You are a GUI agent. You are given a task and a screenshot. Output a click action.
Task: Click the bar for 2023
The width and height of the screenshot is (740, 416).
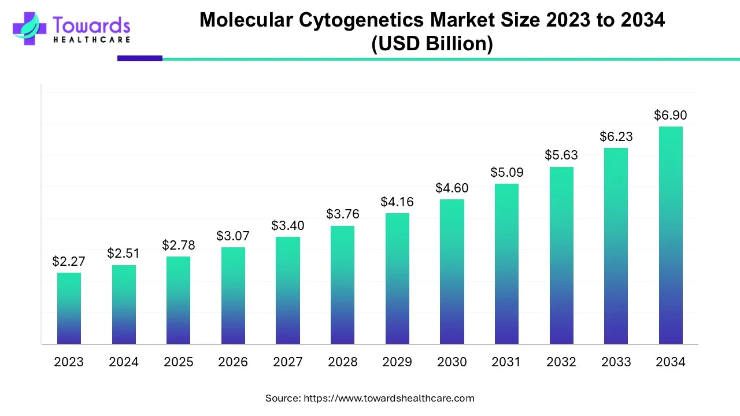[69, 308]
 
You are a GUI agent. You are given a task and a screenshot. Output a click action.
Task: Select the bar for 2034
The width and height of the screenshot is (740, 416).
[671, 235]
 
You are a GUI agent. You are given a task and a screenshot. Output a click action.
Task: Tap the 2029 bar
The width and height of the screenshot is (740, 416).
[397, 278]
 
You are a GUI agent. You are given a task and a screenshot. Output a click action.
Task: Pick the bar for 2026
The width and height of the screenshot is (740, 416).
[233, 295]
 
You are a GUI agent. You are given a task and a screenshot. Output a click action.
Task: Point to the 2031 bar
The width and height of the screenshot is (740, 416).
[506, 263]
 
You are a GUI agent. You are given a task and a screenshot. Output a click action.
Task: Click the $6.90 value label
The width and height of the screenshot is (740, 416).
[671, 115]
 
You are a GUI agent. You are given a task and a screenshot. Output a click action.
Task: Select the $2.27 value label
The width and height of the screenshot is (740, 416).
[69, 261]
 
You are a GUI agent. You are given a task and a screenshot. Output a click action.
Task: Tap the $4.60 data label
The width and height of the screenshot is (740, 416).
[452, 188]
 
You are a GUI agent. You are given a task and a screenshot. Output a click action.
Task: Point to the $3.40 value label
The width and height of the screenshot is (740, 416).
[288, 225]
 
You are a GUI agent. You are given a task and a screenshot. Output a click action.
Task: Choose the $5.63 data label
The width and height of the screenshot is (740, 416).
[561, 155]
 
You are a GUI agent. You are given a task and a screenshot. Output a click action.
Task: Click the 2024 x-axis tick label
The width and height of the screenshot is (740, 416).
[124, 362]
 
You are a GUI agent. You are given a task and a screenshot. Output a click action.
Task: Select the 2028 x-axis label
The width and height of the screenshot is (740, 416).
[343, 362]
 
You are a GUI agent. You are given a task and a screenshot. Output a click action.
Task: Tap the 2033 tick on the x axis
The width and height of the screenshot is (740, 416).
[616, 362]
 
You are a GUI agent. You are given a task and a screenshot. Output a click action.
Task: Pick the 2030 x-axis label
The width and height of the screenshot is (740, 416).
[452, 362]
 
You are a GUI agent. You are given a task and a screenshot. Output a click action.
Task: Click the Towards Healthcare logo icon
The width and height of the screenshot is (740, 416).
[29, 28]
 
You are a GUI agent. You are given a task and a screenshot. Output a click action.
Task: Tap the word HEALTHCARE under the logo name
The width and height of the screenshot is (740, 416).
[91, 40]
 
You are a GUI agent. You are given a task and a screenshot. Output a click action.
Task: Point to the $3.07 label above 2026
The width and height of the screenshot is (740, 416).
[233, 236]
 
